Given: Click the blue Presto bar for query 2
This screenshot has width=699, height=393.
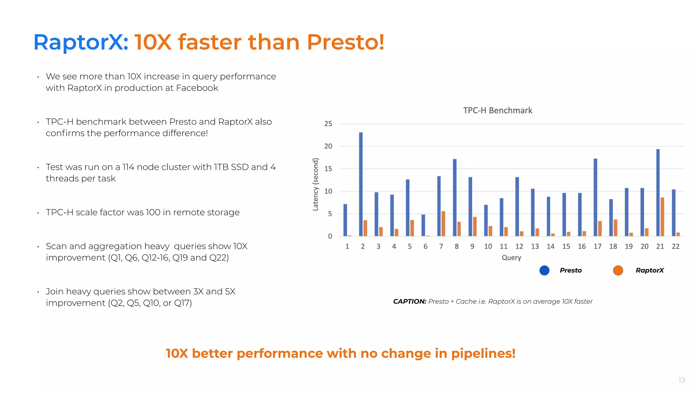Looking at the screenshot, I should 361,184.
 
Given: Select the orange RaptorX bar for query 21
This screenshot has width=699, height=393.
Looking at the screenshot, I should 662,217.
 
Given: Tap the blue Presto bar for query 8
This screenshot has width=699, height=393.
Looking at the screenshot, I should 455,198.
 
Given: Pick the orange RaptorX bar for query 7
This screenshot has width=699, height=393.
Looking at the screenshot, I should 443,224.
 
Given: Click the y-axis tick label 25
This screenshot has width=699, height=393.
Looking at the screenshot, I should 328,124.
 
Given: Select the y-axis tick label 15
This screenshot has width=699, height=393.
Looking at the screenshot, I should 328,169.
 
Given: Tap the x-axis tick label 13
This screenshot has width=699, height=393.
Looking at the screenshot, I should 535,246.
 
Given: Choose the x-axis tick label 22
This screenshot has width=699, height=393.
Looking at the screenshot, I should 675,246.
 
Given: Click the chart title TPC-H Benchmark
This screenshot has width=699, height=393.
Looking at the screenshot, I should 498,111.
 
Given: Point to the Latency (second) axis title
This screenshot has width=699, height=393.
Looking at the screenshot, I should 316,184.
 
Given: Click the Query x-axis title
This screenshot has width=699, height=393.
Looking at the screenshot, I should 511,258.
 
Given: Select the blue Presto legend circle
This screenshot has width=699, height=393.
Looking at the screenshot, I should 544,271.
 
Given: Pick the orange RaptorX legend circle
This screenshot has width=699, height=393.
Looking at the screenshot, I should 618,271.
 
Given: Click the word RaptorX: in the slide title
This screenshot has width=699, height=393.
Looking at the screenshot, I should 81,42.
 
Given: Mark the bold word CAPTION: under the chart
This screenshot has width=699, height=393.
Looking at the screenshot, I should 410,302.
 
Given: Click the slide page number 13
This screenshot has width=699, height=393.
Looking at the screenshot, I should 682,380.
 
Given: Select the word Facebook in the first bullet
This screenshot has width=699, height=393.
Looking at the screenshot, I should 197,88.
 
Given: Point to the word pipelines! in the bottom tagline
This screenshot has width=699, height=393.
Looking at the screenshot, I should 483,353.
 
